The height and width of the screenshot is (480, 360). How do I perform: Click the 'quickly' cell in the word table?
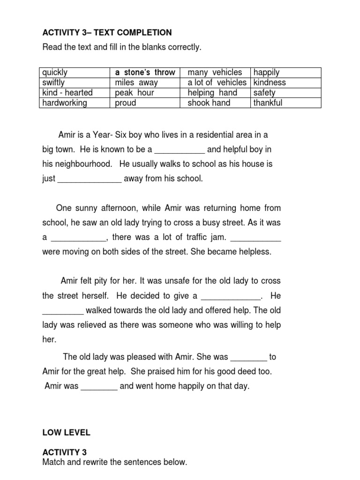55,72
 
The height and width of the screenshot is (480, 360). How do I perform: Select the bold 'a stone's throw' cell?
145,72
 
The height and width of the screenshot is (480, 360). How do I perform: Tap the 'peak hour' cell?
134,92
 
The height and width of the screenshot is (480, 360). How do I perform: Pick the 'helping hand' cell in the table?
212,92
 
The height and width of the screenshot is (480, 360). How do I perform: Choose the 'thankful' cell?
268,103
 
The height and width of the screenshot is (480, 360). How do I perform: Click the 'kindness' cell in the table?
269,82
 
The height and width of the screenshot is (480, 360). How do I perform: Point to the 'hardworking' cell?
65,103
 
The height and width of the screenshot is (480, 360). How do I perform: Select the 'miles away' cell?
136,82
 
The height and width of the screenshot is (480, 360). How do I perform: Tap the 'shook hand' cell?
209,103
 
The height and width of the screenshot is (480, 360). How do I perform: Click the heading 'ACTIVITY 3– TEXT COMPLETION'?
107,32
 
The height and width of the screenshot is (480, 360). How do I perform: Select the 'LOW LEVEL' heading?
66,433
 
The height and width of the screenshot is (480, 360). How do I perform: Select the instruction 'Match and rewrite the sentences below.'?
114,462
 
